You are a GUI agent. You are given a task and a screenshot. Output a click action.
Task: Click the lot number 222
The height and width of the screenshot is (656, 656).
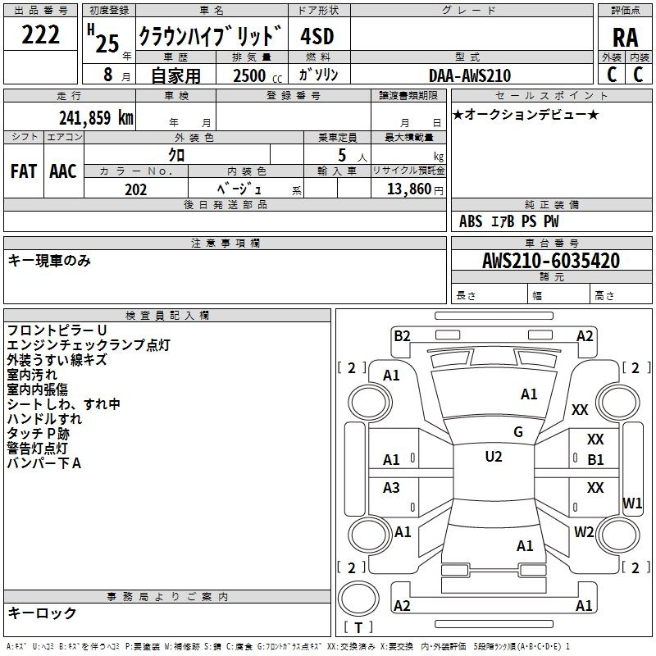click(40, 34)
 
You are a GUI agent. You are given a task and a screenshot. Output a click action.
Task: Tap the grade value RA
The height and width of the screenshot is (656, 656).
click(625, 38)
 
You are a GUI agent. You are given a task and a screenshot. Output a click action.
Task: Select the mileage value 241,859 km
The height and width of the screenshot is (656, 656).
click(96, 117)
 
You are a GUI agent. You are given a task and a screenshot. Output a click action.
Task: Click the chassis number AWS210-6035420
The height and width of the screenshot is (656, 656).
click(551, 260)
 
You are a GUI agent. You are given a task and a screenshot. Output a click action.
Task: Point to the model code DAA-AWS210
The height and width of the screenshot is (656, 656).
click(470, 75)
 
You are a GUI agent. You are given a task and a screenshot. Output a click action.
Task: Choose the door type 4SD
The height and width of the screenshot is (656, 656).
click(317, 36)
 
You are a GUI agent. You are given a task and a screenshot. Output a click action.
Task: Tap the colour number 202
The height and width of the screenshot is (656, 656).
click(135, 189)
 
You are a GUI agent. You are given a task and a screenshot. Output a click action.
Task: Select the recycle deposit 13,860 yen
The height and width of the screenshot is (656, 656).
click(415, 189)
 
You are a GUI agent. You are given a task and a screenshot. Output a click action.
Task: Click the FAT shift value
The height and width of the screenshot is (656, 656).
click(24, 171)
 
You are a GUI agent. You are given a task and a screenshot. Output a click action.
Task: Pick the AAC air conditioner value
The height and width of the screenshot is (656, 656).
click(63, 171)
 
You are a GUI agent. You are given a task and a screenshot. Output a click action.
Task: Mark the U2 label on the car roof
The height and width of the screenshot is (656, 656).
click(494, 457)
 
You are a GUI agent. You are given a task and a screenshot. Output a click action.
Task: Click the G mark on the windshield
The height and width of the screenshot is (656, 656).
click(518, 432)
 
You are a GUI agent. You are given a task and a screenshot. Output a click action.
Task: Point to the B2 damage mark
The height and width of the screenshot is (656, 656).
click(402, 336)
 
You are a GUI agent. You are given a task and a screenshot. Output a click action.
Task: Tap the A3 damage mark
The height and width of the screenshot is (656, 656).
click(391, 487)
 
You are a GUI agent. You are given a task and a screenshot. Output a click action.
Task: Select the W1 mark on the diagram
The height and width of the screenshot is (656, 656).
click(632, 503)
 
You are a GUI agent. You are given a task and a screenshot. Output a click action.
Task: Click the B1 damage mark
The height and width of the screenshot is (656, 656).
click(595, 460)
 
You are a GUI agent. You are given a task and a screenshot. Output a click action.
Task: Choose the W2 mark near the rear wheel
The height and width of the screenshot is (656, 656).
click(584, 531)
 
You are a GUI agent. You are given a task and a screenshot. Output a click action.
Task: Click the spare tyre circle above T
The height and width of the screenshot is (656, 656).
click(358, 598)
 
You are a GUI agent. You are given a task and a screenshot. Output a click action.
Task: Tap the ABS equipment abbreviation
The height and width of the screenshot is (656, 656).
click(471, 221)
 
